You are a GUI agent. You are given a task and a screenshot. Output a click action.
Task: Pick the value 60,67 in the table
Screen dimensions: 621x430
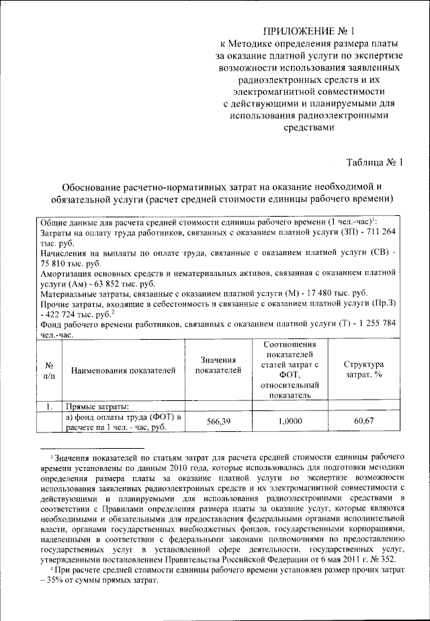(x=364, y=421)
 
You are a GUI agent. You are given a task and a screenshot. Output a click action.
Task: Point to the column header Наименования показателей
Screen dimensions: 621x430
(x=124, y=370)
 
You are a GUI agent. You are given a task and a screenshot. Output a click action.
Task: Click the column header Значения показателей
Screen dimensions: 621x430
(x=218, y=364)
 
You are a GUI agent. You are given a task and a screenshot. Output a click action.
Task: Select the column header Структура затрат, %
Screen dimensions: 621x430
(x=364, y=369)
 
